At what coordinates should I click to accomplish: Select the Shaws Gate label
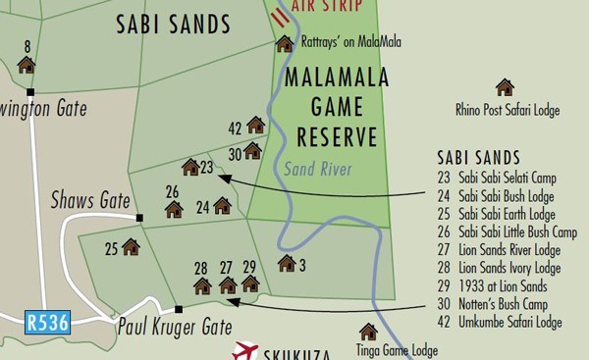[x=90, y=201]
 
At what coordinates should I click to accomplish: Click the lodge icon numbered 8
[x=27, y=65]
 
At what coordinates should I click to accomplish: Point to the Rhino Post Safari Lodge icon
[x=505, y=87]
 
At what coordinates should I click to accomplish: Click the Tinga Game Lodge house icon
[x=368, y=332]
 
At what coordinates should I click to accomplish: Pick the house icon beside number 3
[x=287, y=263]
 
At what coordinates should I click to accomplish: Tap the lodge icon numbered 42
[x=255, y=125]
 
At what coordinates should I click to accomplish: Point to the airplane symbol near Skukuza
[x=244, y=351]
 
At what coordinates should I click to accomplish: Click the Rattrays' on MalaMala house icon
[x=285, y=43]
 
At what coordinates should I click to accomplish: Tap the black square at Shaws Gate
[x=139, y=218]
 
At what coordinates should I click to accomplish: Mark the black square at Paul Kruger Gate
[x=179, y=309]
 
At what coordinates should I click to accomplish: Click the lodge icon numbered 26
[x=174, y=209]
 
